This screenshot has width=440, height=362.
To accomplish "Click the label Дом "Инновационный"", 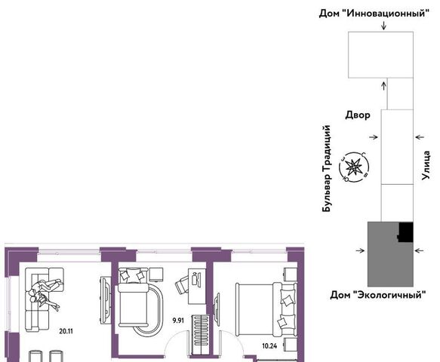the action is click(374, 14).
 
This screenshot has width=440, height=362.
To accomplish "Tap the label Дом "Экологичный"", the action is click(377, 295).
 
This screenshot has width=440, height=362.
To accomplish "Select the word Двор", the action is click(358, 115).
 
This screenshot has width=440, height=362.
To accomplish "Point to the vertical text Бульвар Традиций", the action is click(327, 168).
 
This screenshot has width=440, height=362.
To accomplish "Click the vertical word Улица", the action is click(426, 165).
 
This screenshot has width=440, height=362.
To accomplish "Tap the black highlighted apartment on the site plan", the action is click(406, 232).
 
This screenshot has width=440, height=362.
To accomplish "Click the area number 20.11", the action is click(66, 331).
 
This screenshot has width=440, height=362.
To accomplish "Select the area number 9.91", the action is click(178, 321).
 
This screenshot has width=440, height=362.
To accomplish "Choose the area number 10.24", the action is click(269, 346).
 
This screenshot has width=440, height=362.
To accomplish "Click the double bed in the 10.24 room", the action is click(266, 309).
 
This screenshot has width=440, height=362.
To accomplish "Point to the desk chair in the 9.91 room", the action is click(183, 284).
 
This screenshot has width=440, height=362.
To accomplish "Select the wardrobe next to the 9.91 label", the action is click(200, 335).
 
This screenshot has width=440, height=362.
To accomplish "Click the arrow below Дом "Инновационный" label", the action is click(383, 25).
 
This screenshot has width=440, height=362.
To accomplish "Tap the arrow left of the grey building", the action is click(360, 250).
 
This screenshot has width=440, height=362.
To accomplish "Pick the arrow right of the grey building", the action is click(420, 250).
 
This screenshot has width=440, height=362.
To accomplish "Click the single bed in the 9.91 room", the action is click(133, 297).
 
